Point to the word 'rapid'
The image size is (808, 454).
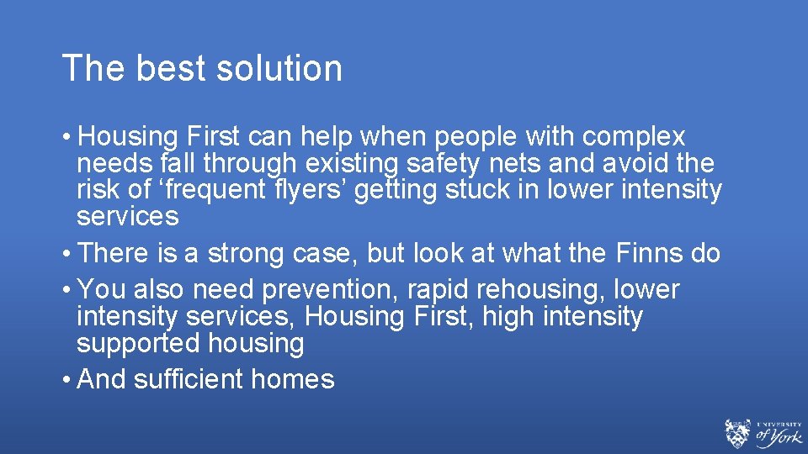pyautogui.click(x=438, y=289)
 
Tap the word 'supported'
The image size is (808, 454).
pyautogui.click(x=131, y=343)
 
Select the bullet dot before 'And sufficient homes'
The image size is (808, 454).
pyautogui.click(x=66, y=380)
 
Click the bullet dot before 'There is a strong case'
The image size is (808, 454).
pyautogui.click(x=66, y=254)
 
